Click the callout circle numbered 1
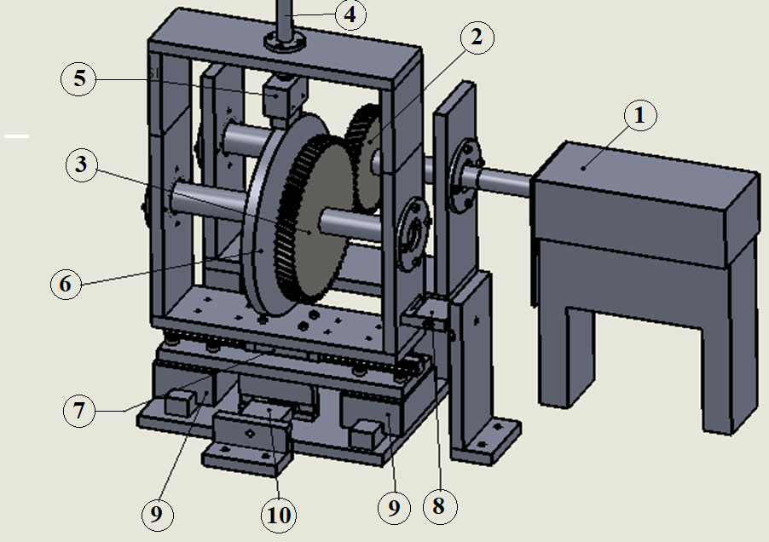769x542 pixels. point(640,115)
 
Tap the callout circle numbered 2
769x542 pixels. point(477,37)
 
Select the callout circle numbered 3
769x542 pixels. point(81,165)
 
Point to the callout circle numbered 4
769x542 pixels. point(350,14)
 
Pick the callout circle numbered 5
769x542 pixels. point(78,79)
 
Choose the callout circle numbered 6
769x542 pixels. point(66,284)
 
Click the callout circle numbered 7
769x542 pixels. point(79,410)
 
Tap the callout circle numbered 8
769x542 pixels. point(440,506)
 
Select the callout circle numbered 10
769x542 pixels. point(279,515)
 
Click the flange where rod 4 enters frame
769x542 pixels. point(285,42)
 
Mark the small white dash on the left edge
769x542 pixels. point(17,135)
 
